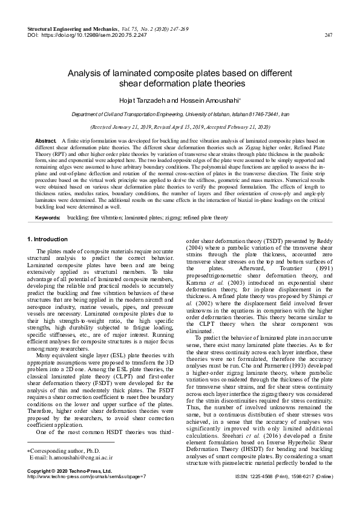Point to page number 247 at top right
pos(329,35)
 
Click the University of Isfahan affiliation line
pos(180,114)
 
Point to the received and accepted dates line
pos(180,128)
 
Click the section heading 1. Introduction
pos(48,223)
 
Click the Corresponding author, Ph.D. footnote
pos(60,451)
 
